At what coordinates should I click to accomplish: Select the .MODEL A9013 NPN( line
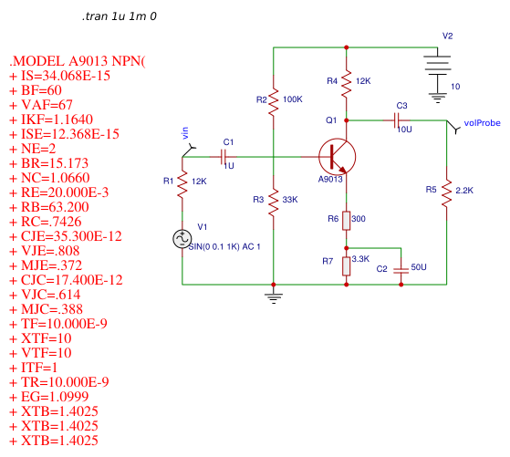coord(77,61)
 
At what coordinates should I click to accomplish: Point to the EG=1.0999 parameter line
coord(53,397)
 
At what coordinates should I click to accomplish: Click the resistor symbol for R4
coord(347,81)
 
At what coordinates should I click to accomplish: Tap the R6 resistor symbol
coord(347,219)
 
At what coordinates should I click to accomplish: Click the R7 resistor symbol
coord(347,265)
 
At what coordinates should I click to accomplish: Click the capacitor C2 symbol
coord(401,270)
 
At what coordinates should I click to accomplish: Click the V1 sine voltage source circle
coord(182,238)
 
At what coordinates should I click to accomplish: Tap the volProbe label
coord(482,120)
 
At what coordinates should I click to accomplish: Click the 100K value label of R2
coord(293,99)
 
